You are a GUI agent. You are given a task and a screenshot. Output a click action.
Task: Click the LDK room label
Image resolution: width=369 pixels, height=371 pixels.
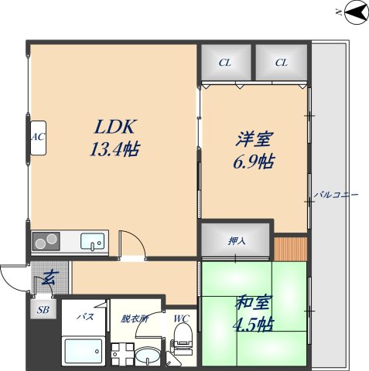(115, 126)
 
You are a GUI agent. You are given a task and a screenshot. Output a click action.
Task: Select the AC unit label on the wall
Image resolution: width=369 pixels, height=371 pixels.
(36, 138)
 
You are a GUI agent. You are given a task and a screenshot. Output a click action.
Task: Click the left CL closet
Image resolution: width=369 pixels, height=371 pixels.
(225, 63)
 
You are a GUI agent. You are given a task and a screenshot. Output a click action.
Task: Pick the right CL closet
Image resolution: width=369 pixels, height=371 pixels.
(281, 63)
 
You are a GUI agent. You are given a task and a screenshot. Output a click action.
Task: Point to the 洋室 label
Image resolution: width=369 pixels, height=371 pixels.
(255, 140)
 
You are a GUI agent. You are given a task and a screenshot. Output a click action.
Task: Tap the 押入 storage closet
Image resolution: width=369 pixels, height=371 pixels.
(237, 240)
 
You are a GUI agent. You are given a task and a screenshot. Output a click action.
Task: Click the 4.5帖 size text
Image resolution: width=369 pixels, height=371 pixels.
(254, 324)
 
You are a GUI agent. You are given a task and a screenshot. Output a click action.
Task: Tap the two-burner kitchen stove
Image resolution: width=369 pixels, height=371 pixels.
(47, 242)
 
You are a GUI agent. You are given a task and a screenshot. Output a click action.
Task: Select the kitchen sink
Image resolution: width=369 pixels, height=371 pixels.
(94, 242)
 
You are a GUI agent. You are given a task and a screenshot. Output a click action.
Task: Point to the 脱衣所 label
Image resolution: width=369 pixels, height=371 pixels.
(133, 318)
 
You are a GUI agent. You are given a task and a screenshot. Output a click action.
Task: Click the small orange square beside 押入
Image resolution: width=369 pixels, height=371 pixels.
(290, 249)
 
